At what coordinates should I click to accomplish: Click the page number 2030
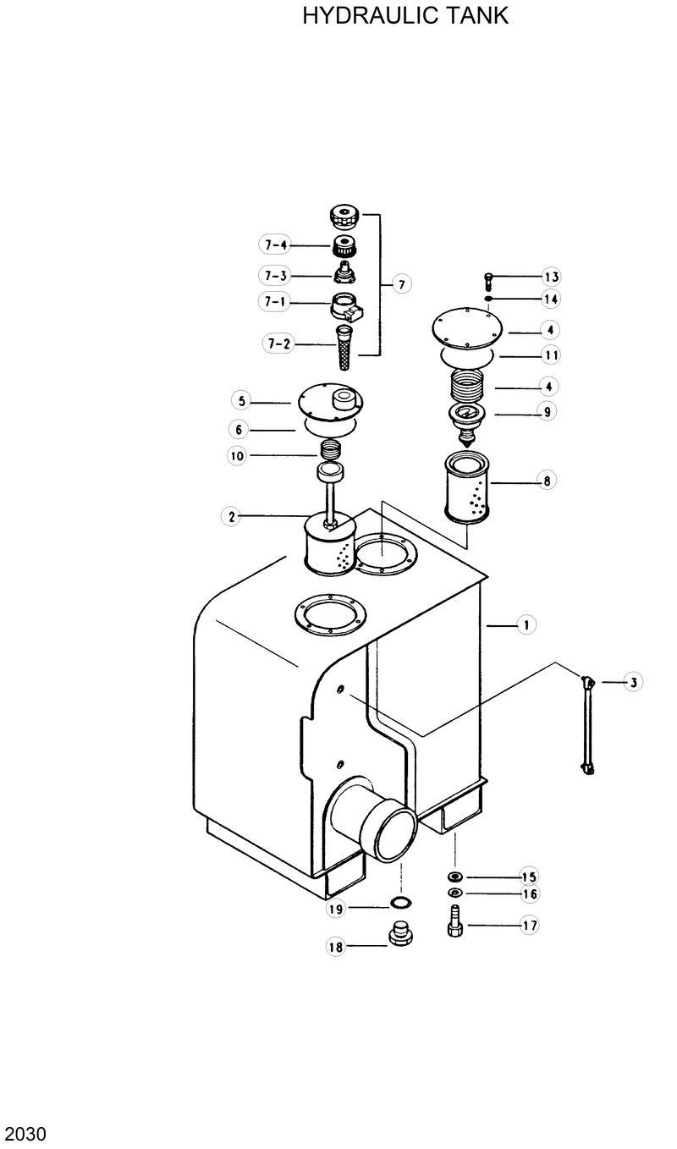pos(25,1133)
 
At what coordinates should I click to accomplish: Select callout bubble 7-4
pos(275,245)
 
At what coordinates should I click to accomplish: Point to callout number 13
pos(551,278)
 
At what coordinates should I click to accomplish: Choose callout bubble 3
pos(632,681)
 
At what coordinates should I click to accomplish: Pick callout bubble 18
pos(336,948)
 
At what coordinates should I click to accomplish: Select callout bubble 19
pos(336,909)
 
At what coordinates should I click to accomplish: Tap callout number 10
pos(237,455)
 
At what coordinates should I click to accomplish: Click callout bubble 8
pos(547,481)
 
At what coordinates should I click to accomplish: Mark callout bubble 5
pos(241,401)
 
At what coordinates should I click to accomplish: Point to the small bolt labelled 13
pos(488,279)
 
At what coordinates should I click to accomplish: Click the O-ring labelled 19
pos(401,903)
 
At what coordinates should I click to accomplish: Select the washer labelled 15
pos(454,877)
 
